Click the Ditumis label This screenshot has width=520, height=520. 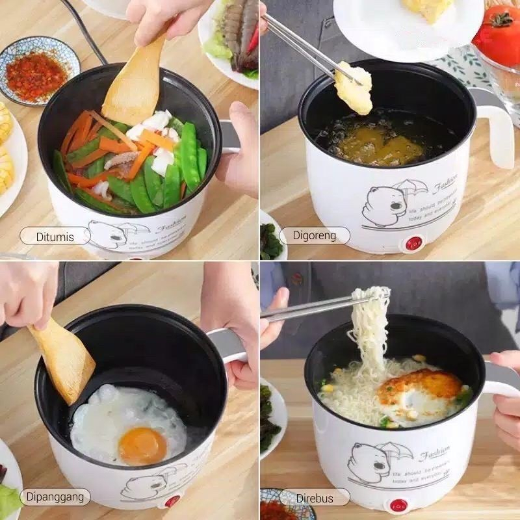point(55,235)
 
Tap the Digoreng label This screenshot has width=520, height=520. point(315,235)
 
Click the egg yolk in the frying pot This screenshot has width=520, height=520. point(142,445)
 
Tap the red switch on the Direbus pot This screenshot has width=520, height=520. point(398,505)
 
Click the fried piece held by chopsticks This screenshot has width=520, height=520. point(354,88)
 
